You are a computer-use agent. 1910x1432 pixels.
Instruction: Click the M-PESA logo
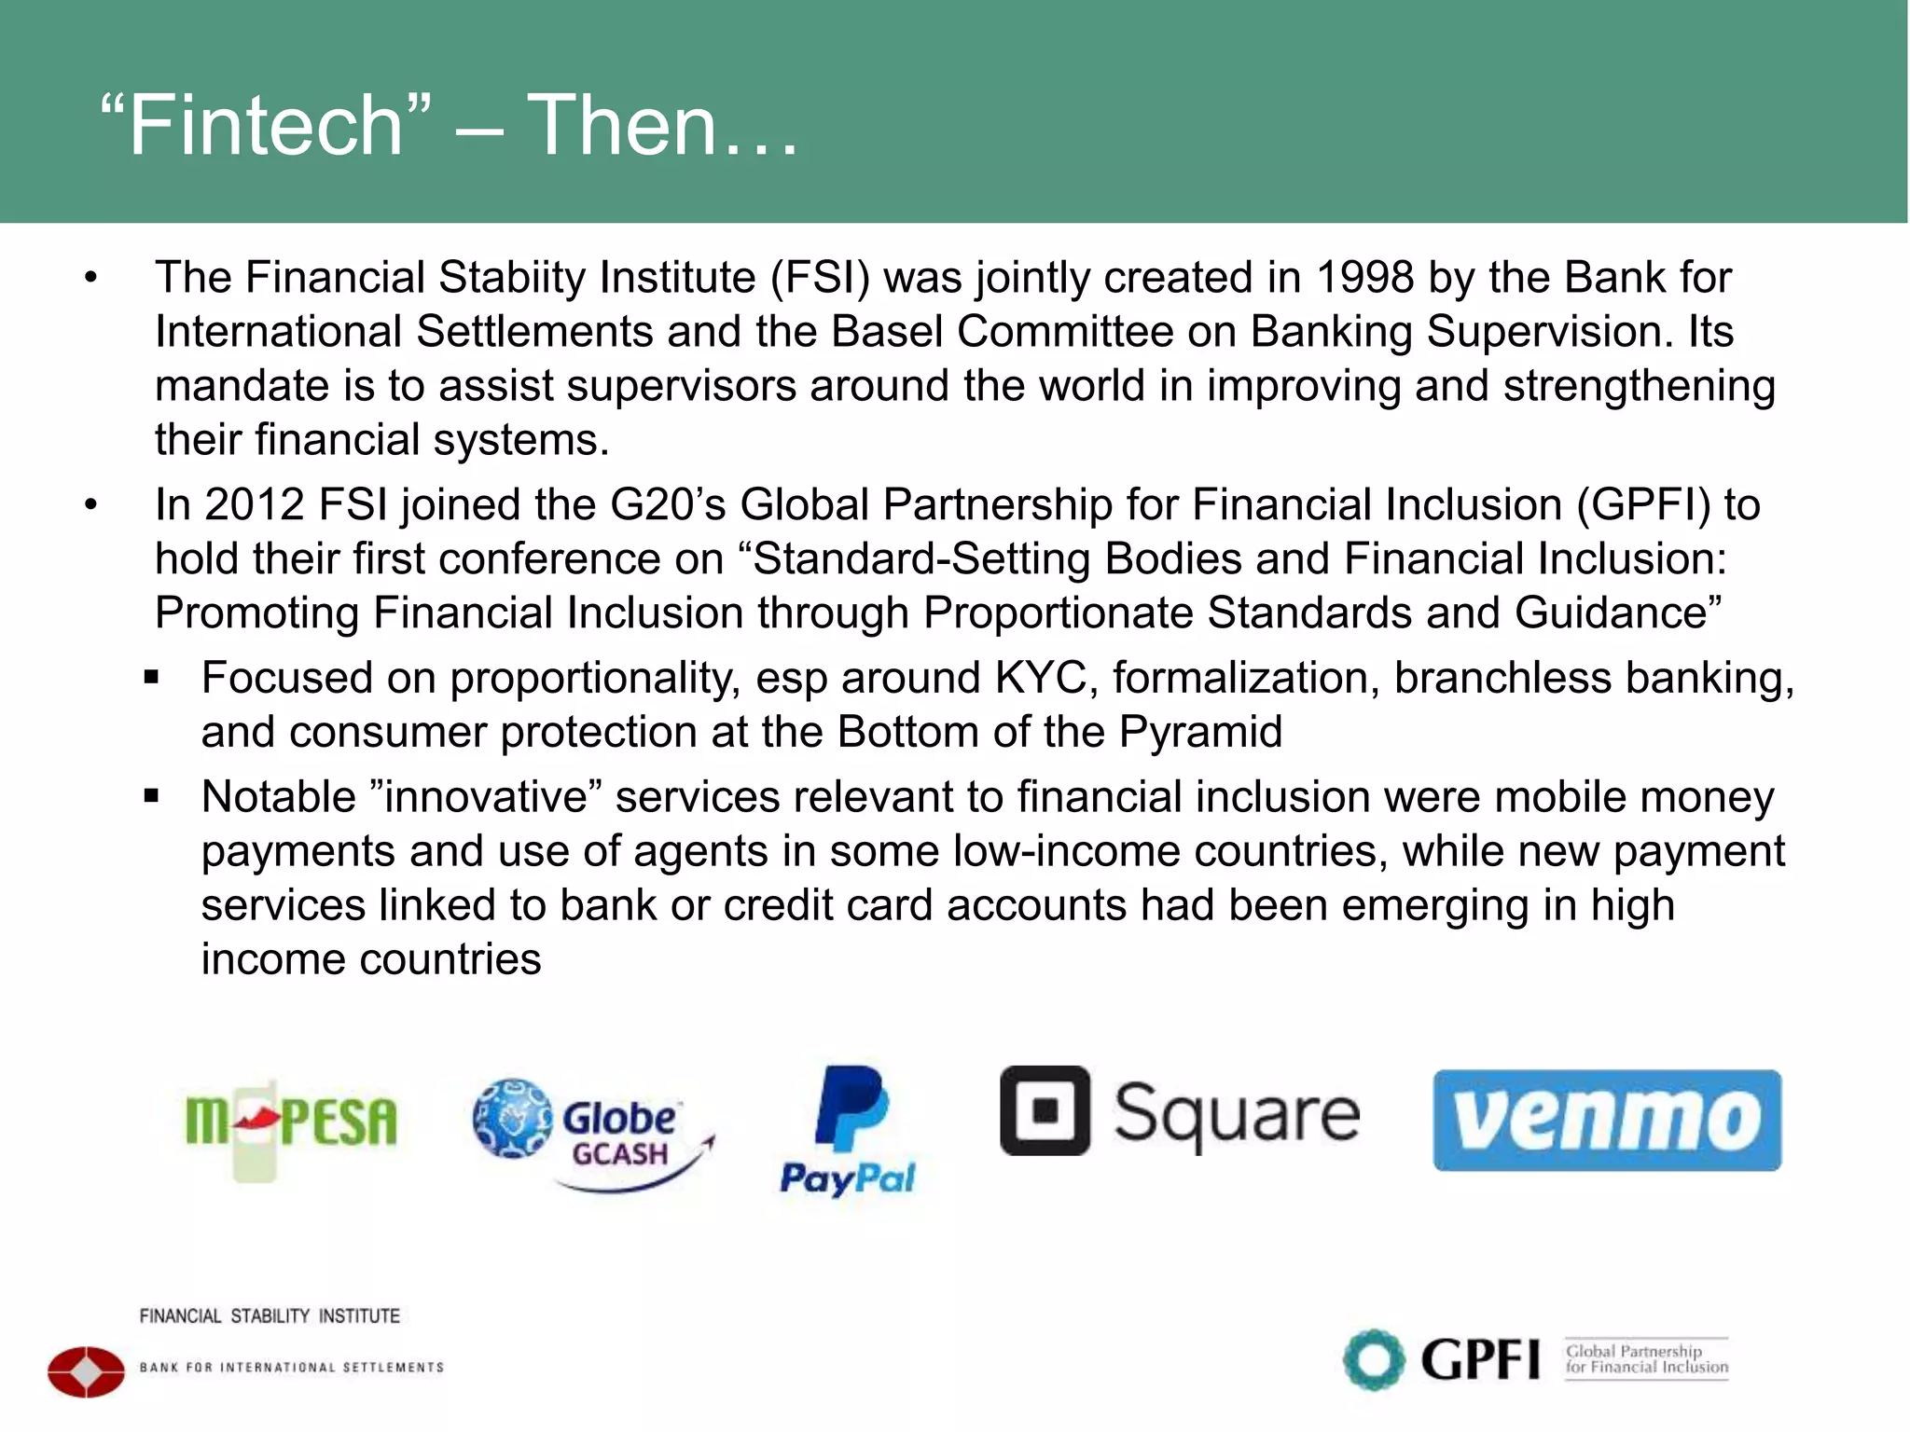[291, 1122]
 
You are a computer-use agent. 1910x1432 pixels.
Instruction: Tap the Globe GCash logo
[593, 1134]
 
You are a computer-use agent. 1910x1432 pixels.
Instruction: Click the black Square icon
[1045, 1110]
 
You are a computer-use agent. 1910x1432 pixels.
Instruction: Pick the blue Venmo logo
[1606, 1120]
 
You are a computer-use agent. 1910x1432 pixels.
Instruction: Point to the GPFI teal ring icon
[1373, 1359]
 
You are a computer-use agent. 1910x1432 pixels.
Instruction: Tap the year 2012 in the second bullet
[254, 505]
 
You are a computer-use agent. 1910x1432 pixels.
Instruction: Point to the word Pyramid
[1200, 732]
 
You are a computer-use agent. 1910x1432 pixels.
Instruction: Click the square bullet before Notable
[152, 797]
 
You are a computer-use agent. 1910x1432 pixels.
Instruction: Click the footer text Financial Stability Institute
[270, 1316]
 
